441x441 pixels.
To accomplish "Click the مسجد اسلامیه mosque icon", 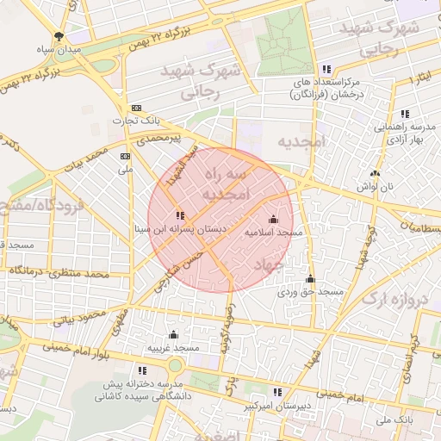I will pyautogui.click(x=274, y=220).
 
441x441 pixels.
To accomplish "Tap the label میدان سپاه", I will pyautogui.click(x=58, y=50).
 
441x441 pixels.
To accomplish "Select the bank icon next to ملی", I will pyautogui.click(x=126, y=157).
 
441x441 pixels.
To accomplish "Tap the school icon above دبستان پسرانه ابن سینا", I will pyautogui.click(x=179, y=215).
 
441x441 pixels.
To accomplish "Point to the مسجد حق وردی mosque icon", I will pyautogui.click(x=310, y=279).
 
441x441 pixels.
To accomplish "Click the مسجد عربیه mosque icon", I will pyautogui.click(x=173, y=334).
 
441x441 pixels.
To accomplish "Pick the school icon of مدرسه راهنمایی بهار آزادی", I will pyautogui.click(x=405, y=114).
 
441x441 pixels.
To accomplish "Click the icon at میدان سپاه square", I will pyautogui.click(x=58, y=36).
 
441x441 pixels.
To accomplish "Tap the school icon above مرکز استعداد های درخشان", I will pyautogui.click(x=326, y=69).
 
